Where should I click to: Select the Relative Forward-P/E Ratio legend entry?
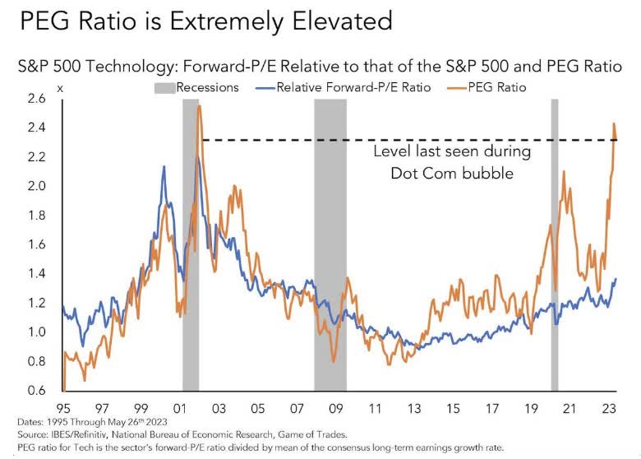point(338,86)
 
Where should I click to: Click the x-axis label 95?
point(62,408)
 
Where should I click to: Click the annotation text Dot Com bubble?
point(451,174)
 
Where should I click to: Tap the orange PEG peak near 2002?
point(200,107)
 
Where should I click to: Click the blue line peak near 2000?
point(164,167)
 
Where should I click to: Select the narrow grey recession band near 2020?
point(555,247)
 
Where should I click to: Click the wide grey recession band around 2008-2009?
point(330,247)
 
